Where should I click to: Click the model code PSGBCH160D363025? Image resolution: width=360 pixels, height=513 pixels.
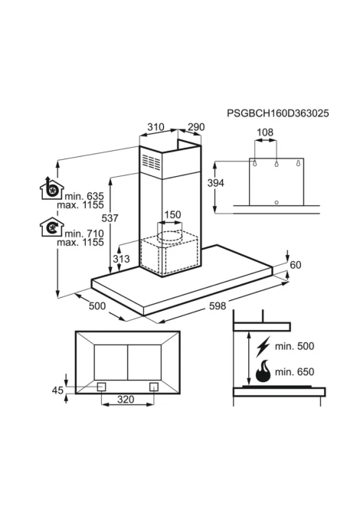tap(278, 113)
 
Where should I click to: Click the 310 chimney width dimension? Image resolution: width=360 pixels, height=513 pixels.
tap(155, 126)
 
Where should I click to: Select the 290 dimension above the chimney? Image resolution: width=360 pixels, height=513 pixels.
tap(196, 126)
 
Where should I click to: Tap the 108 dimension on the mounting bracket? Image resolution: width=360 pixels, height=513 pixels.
tap(265, 132)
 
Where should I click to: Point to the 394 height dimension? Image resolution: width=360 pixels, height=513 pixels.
tap(216, 183)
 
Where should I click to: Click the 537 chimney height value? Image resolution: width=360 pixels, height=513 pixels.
tap(110, 218)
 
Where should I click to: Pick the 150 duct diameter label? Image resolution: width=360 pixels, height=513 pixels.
tap(172, 214)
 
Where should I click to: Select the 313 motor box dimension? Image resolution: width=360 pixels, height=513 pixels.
tap(122, 259)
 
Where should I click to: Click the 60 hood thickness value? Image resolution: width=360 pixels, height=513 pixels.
tap(296, 265)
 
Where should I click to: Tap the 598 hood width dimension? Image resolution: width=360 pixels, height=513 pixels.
tap(218, 306)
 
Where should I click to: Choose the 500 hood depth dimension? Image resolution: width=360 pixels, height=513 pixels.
tap(97, 306)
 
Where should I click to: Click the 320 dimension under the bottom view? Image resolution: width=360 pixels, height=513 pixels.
tap(126, 399)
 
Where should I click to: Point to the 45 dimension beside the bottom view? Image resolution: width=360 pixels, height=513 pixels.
tap(57, 390)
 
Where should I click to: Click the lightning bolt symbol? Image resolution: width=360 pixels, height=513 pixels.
tap(263, 347)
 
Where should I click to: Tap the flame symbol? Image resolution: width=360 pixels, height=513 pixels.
tap(263, 371)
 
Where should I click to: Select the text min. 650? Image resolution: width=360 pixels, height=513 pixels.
tap(295, 371)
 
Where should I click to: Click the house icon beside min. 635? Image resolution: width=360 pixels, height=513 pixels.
tap(52, 188)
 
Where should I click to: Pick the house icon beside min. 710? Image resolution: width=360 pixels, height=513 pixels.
tap(52, 227)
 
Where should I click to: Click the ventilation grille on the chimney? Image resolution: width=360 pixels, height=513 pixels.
tap(151, 162)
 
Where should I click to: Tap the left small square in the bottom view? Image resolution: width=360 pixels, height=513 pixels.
tap(101, 387)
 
